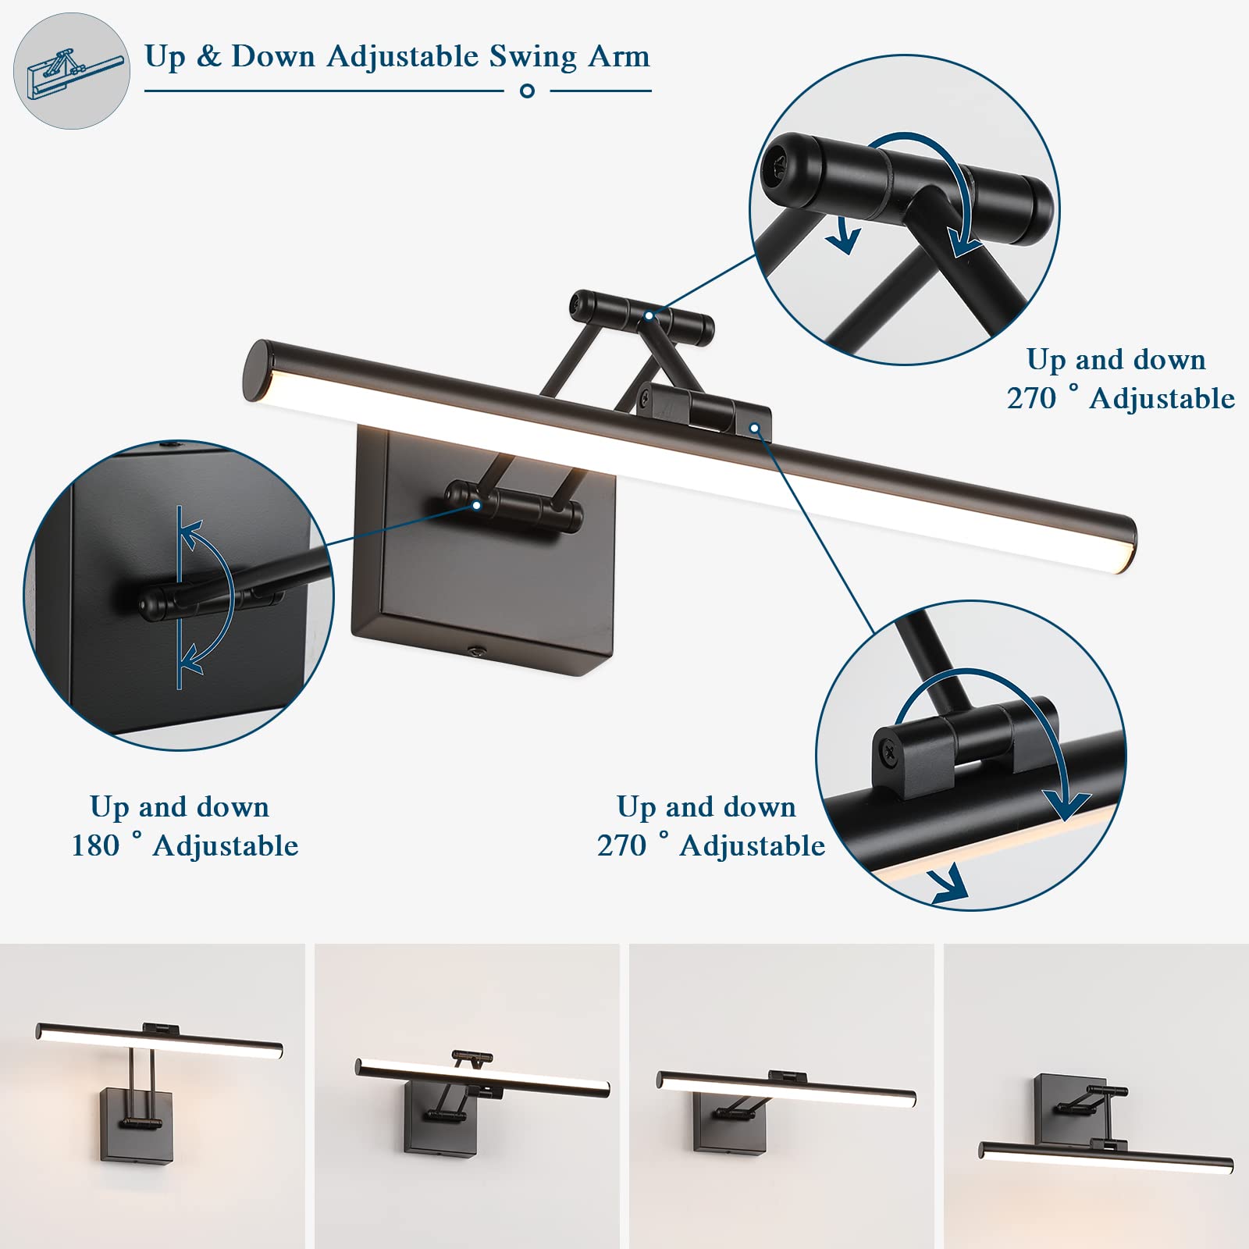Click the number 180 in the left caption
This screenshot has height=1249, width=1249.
96,845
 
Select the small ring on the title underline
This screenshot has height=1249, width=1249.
527,91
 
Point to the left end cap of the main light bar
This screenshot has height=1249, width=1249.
259,371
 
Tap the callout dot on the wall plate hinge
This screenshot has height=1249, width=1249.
475,505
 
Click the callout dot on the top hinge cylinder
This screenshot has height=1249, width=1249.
649,315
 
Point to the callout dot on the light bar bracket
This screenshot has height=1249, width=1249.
754,428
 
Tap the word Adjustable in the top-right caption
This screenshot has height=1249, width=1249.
1162,399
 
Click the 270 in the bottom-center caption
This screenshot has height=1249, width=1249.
622,845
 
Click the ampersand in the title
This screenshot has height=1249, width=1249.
209,57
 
